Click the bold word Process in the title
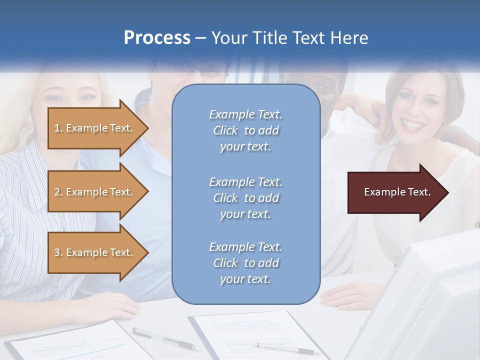pyautogui.click(x=157, y=37)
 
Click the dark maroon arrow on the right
pyautogui.click(x=395, y=192)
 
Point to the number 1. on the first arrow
pyautogui.click(x=58, y=128)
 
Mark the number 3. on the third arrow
pyautogui.click(x=58, y=252)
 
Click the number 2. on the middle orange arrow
pyautogui.click(x=58, y=192)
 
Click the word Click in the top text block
pyautogui.click(x=225, y=130)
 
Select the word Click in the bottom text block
pyautogui.click(x=225, y=263)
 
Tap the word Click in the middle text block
pyautogui.click(x=225, y=198)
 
